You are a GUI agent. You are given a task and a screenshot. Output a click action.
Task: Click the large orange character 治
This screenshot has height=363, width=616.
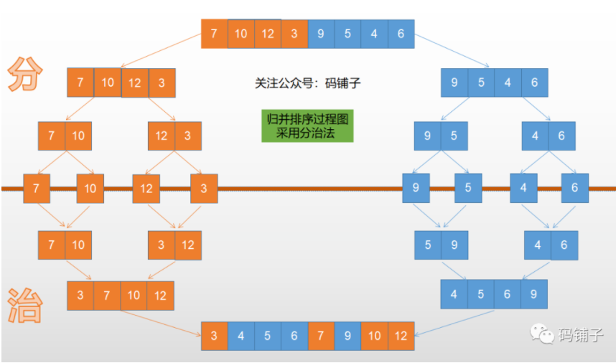coord(26,305)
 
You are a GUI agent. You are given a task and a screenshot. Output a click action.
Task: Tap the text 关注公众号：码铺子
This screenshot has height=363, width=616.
coord(307,83)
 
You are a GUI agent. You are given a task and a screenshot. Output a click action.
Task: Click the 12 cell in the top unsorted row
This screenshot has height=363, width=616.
coord(267,34)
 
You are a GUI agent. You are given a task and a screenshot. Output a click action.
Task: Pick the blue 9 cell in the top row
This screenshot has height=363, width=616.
coord(320,34)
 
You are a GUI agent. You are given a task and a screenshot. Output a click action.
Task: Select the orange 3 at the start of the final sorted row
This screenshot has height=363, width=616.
coord(214,336)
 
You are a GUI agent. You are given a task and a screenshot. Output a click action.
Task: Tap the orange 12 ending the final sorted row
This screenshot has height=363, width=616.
coord(401,336)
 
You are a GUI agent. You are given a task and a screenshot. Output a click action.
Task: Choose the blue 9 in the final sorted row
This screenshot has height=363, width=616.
coord(347,336)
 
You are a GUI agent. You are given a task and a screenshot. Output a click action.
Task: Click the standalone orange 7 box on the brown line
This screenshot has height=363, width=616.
coord(37,188)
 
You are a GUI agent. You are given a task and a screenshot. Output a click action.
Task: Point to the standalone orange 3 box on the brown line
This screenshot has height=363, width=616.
coord(204,188)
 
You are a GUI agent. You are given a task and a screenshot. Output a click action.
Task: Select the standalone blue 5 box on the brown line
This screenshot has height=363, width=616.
coord(468,188)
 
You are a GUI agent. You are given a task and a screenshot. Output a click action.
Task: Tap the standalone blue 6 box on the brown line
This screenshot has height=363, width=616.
coord(574,188)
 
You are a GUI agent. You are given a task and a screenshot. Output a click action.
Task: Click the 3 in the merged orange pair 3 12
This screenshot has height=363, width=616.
coord(161,245)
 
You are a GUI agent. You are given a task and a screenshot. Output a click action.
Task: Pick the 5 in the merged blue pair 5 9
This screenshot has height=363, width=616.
coord(428,245)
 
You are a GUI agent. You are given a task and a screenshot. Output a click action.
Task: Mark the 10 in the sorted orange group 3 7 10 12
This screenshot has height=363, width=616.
coord(134,295)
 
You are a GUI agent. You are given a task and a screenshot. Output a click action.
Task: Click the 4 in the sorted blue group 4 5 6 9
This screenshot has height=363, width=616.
coord(454,294)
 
